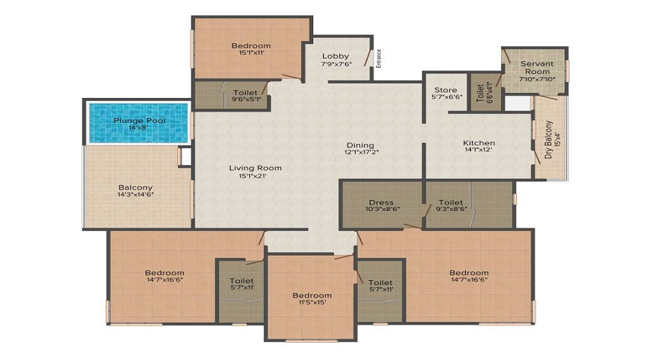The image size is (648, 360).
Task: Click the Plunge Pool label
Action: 139,120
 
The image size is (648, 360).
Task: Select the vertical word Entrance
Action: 379,57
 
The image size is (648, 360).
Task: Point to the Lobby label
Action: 336,55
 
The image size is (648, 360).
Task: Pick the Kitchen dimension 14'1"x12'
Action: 479,151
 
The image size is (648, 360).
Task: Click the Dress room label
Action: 380,202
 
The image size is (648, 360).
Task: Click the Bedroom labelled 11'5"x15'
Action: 312,295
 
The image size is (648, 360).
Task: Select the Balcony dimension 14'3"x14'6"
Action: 137,194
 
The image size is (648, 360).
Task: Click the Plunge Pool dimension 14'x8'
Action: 139,128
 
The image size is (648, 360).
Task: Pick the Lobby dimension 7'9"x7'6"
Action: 336,63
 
